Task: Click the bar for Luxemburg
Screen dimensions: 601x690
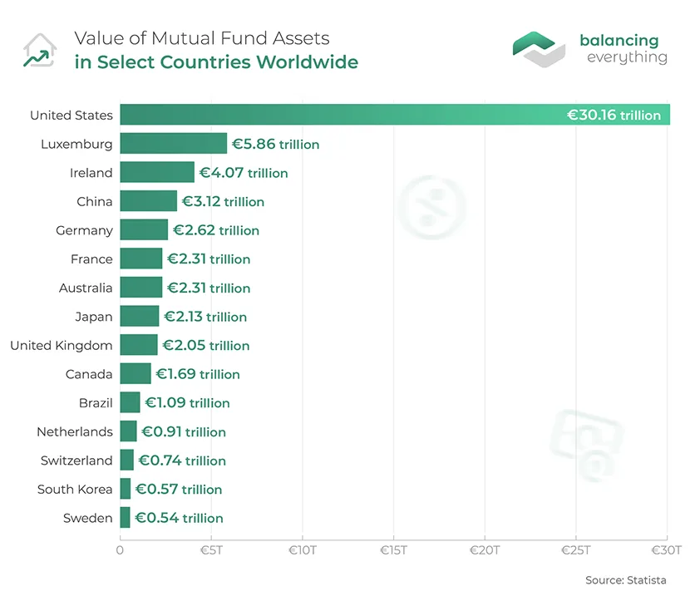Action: click(x=173, y=144)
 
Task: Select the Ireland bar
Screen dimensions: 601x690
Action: click(x=157, y=173)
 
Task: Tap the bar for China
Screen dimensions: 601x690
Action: click(x=148, y=201)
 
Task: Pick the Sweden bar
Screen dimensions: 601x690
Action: click(x=125, y=518)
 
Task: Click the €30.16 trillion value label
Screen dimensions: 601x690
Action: click(x=614, y=116)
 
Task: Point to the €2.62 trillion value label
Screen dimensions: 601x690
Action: click(x=215, y=230)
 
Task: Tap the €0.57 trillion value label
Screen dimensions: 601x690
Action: click(x=179, y=489)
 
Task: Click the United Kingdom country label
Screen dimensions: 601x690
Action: click(x=61, y=345)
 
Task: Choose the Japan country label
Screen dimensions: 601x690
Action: click(x=93, y=317)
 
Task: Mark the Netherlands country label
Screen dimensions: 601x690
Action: click(x=74, y=431)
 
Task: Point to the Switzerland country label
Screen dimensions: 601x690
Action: click(x=76, y=461)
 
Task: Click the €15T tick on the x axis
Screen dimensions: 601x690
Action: click(x=393, y=549)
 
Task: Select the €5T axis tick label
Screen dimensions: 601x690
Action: click(x=211, y=549)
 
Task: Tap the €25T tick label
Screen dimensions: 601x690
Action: click(x=575, y=549)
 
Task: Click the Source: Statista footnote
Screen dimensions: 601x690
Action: click(x=625, y=579)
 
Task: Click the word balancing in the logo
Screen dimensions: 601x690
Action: click(x=619, y=41)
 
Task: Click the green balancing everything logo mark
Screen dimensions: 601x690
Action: click(x=539, y=49)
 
